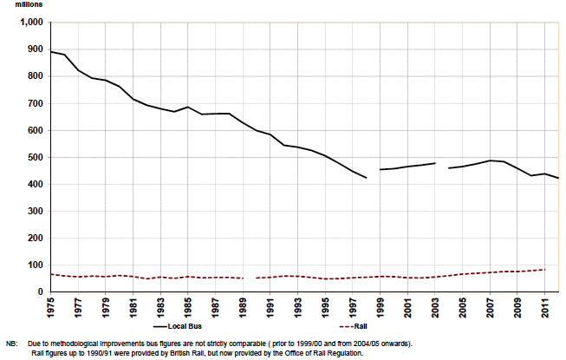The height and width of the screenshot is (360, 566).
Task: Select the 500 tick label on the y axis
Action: pos(33,157)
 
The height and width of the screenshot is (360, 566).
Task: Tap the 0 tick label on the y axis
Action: pos(39,292)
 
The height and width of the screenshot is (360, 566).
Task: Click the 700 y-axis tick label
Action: pos(33,103)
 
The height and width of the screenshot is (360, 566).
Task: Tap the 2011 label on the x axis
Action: pos(544,308)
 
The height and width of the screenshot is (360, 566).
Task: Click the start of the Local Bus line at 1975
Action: pos(51,52)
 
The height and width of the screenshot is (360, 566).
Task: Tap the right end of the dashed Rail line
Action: pos(544,270)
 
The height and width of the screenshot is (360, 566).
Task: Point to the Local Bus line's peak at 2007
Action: pos(490,160)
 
